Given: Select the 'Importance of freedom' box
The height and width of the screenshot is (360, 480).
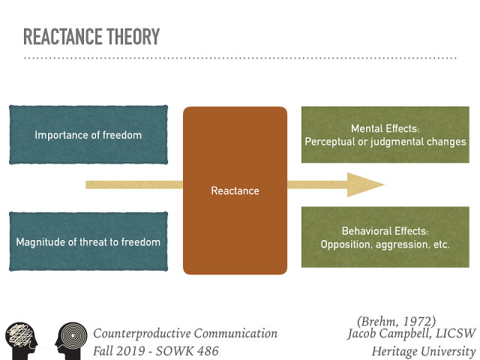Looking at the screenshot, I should pyautogui.click(x=88, y=135).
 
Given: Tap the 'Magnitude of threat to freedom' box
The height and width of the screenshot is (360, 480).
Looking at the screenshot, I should pyautogui.click(x=88, y=241).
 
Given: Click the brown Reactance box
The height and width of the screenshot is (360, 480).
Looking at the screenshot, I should pyautogui.click(x=235, y=190).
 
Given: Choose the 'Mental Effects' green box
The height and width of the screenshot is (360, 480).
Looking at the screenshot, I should pyautogui.click(x=385, y=135).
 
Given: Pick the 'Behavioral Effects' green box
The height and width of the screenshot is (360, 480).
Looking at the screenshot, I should pyautogui.click(x=385, y=238).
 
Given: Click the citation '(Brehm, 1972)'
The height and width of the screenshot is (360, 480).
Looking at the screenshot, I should pyautogui.click(x=397, y=320).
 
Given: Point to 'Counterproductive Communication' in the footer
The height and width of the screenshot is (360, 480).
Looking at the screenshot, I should pyautogui.click(x=185, y=334).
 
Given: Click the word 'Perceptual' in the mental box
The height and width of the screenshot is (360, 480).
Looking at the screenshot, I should pyautogui.click(x=329, y=142).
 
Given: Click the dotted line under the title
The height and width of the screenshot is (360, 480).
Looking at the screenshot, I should pyautogui.click(x=240, y=58).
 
